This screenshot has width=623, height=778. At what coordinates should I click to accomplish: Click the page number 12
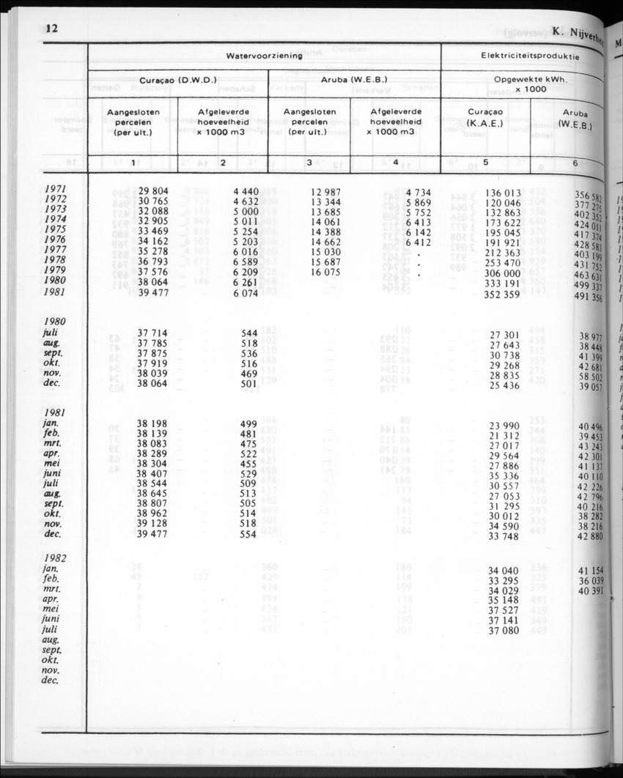pyautogui.click(x=51, y=29)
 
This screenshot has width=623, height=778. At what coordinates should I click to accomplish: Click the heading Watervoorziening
pyautogui.click(x=264, y=56)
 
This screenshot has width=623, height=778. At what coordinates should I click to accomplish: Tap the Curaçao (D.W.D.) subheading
pyautogui.click(x=179, y=80)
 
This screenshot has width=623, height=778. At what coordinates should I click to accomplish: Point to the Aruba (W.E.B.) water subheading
pyautogui.click(x=355, y=80)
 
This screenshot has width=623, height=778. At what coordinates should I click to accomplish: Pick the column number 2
pyautogui.click(x=223, y=163)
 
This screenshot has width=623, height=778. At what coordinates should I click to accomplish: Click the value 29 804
pyautogui.click(x=153, y=191)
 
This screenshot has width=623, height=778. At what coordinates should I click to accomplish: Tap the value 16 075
pyautogui.click(x=325, y=272)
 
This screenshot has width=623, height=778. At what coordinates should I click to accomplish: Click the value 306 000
pyautogui.click(x=502, y=272)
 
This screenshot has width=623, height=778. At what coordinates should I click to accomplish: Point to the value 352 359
pyautogui.click(x=502, y=294)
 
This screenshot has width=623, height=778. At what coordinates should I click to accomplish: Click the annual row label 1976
pyautogui.click(x=56, y=240)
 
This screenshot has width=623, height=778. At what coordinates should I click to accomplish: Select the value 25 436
pyautogui.click(x=504, y=385)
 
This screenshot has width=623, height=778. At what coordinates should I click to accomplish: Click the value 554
pyautogui.click(x=248, y=536)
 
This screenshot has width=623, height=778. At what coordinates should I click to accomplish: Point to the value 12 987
pyautogui.click(x=325, y=191)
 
